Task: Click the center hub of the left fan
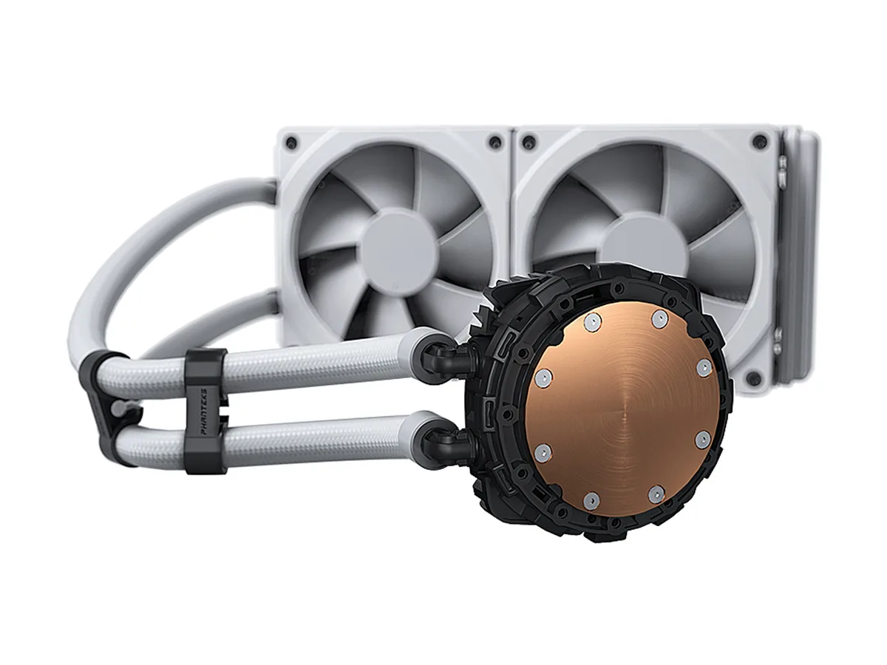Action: point(398,249)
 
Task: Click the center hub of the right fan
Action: point(642,246)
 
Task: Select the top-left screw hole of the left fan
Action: point(291,142)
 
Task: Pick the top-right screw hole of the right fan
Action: point(760,140)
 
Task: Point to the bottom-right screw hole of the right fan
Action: point(752,378)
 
